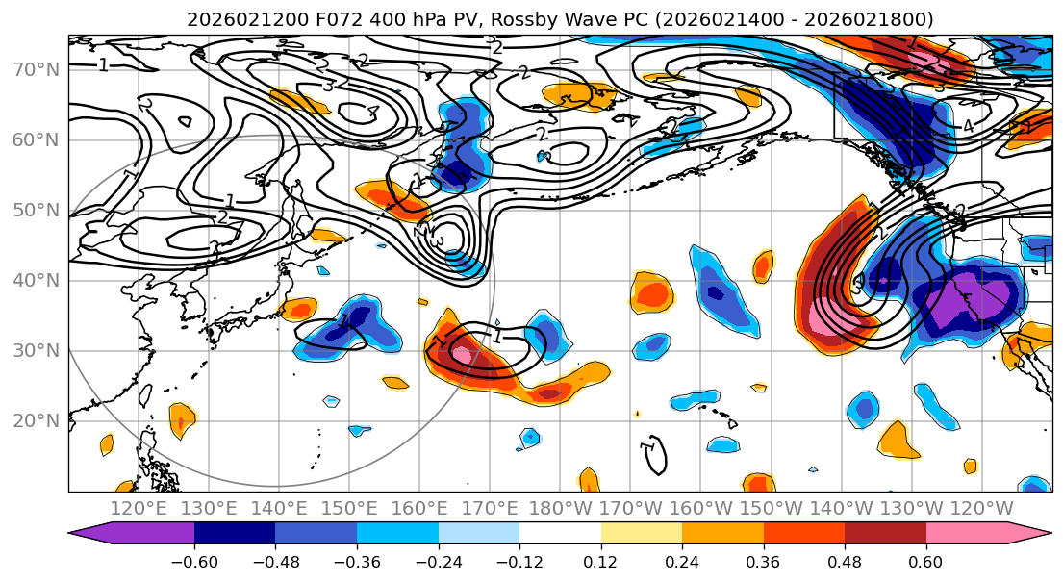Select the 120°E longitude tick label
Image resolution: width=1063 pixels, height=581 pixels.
pos(140,508)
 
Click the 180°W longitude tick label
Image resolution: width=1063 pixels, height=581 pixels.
pos(561,508)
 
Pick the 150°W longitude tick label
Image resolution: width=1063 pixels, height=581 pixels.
pos(772,508)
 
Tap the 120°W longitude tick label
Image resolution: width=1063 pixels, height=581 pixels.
pos(982,508)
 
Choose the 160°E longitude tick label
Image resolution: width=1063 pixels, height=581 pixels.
pos(420,508)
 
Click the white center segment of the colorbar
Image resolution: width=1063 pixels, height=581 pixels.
pos(560,534)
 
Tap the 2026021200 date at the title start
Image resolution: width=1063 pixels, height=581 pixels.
pos(229,19)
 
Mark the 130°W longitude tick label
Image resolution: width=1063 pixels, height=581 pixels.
pos(912,508)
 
